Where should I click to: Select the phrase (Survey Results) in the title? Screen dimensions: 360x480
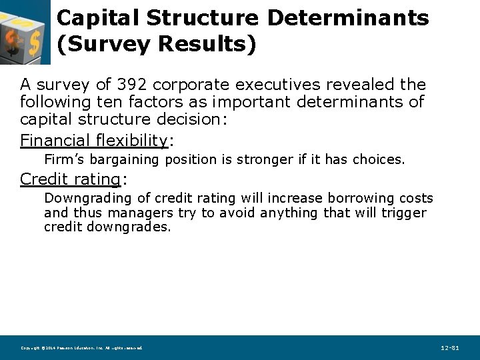[157, 44]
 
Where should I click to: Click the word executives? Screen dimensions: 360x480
[286, 85]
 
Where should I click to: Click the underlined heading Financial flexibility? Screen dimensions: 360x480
[94, 140]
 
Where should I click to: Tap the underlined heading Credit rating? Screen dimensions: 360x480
[70, 179]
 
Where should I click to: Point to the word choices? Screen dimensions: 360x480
[378, 160]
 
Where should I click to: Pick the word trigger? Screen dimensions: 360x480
[404, 213]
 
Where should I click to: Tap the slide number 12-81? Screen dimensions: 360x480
[450, 348]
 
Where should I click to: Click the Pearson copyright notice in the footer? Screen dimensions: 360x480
[81, 348]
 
